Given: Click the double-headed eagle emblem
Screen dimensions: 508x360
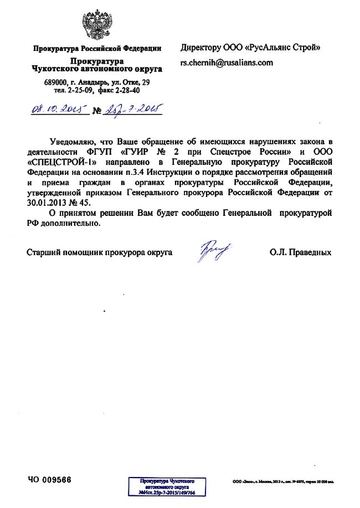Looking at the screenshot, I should (97, 24).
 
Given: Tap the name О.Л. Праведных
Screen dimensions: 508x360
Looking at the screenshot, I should (301, 253).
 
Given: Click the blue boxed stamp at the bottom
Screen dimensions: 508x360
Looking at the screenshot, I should (167, 486).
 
